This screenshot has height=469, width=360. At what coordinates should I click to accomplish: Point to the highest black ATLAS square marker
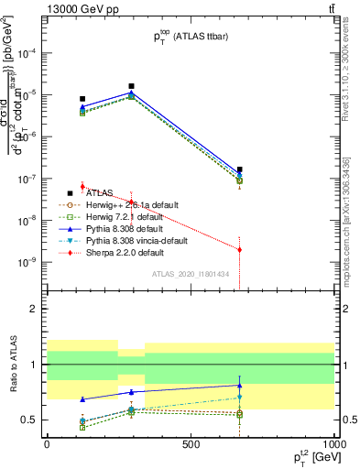click(132, 86)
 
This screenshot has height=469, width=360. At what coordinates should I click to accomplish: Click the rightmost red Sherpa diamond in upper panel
click(239, 249)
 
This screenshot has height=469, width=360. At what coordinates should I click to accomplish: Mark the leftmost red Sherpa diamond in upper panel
click(82, 186)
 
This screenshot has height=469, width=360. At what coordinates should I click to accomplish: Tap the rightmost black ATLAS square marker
click(239, 169)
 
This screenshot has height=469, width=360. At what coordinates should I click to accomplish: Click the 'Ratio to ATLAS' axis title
click(12, 364)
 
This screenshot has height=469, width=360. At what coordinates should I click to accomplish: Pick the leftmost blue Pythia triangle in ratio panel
click(82, 399)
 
